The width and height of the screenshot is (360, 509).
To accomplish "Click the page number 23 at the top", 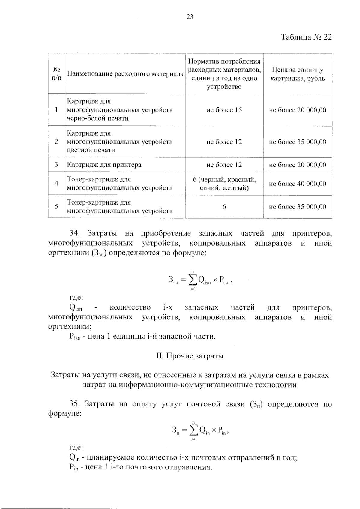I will tap(190, 17).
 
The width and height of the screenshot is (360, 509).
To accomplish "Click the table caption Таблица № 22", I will tap(306, 37).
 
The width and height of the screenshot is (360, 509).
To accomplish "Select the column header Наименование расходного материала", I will tap(125, 74).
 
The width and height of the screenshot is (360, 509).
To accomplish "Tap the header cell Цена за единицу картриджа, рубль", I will tap(297, 74).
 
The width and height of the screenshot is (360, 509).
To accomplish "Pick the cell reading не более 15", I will tap(224, 110).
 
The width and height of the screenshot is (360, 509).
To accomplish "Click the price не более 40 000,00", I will tap(297, 184).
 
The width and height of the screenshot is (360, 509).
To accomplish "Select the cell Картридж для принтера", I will tap(104, 165).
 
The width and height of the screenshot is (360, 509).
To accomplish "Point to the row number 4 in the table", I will tap(56, 183).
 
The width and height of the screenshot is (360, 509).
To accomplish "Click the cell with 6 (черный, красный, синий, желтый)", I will tap(224, 184).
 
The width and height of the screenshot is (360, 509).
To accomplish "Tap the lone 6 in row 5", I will tap(224, 207).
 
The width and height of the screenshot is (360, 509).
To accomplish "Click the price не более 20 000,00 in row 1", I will tap(297, 110).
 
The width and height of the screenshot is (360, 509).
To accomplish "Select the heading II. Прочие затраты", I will tap(190, 356).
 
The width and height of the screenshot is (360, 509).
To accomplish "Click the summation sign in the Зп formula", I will tap(194, 431).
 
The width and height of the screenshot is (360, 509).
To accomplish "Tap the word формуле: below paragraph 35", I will tap(65, 413).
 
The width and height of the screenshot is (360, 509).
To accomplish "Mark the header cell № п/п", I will tap(56, 74).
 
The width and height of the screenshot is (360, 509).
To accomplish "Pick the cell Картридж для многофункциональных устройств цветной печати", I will tap(120, 142).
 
